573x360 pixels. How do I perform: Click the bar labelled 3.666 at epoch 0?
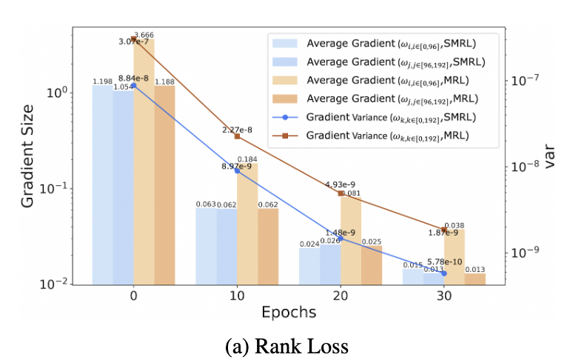(x=144, y=163)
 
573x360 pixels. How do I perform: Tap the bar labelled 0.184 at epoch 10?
(x=247, y=222)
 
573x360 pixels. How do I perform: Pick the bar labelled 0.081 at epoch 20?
(x=351, y=240)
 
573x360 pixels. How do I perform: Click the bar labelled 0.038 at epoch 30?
(x=455, y=256)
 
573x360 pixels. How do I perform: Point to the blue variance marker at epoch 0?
(x=133, y=85)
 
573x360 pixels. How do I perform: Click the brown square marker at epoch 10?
(x=237, y=136)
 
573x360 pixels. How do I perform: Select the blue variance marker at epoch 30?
(x=444, y=273)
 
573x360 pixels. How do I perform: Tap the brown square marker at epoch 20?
(x=341, y=193)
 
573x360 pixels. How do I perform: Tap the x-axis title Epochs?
(x=289, y=312)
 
